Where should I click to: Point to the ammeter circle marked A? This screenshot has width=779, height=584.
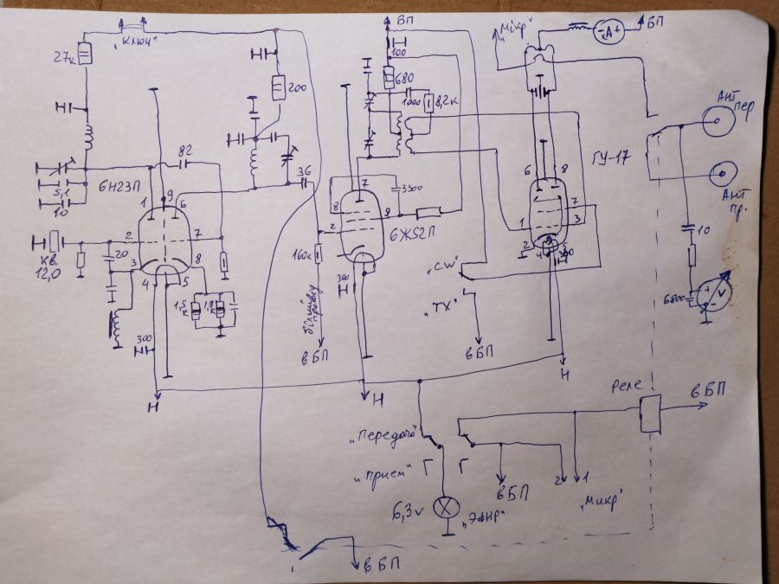pos(611,33)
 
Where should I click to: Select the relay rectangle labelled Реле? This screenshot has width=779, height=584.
pos(650,414)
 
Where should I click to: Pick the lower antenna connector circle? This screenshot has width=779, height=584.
pos(717,176)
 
